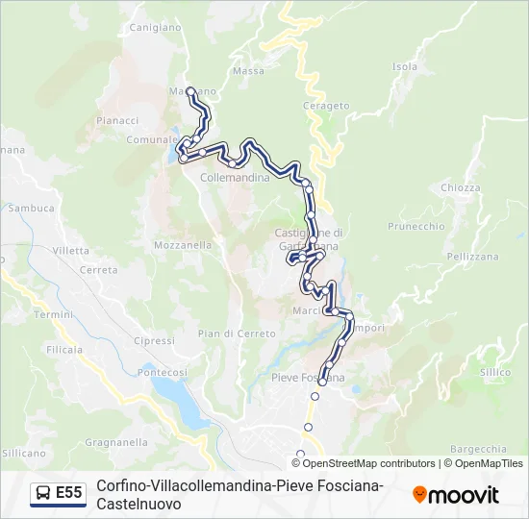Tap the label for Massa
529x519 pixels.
click(x=248, y=71)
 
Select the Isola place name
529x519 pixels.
click(x=405, y=67)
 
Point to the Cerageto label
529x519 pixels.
click(x=326, y=106)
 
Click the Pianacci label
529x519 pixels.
click(x=118, y=120)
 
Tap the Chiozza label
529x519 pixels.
click(x=461, y=188)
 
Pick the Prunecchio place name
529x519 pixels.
click(x=416, y=227)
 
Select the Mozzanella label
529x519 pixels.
click(x=183, y=245)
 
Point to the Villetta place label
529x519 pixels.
click(x=71, y=251)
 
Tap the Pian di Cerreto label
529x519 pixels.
click(x=224, y=334)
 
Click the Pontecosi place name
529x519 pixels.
click(x=163, y=372)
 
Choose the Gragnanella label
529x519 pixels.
click(x=115, y=443)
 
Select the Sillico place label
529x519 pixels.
click(x=495, y=371)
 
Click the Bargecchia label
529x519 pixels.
click(x=478, y=449)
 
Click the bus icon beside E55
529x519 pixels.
click(x=43, y=494)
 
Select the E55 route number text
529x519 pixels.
click(x=69, y=494)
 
